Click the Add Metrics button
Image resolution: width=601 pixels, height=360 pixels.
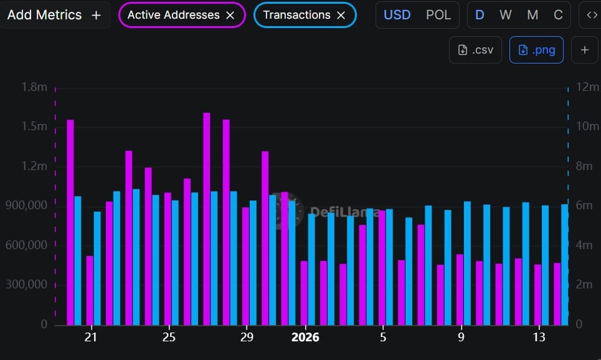[x=54, y=15]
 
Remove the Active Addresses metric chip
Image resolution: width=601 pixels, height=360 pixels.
[x=230, y=16]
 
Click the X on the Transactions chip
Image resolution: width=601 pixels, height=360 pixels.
[x=341, y=16]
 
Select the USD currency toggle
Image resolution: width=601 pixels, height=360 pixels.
[x=397, y=15]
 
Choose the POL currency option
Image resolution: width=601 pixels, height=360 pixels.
[x=438, y=15]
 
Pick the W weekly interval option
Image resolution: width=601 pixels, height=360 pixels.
[x=505, y=15]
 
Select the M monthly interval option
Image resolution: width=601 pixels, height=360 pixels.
[x=532, y=15]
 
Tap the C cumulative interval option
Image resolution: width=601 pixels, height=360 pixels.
[x=558, y=15]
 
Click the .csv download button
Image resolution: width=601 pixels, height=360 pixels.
[x=476, y=50]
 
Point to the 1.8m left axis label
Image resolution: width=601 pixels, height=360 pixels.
[x=34, y=87]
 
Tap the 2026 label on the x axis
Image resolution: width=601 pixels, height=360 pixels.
[x=305, y=338]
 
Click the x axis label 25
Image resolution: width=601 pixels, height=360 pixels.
[x=169, y=338]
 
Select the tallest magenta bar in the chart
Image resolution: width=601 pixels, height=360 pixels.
[x=207, y=218]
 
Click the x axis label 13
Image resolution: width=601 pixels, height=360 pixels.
[x=539, y=338]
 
